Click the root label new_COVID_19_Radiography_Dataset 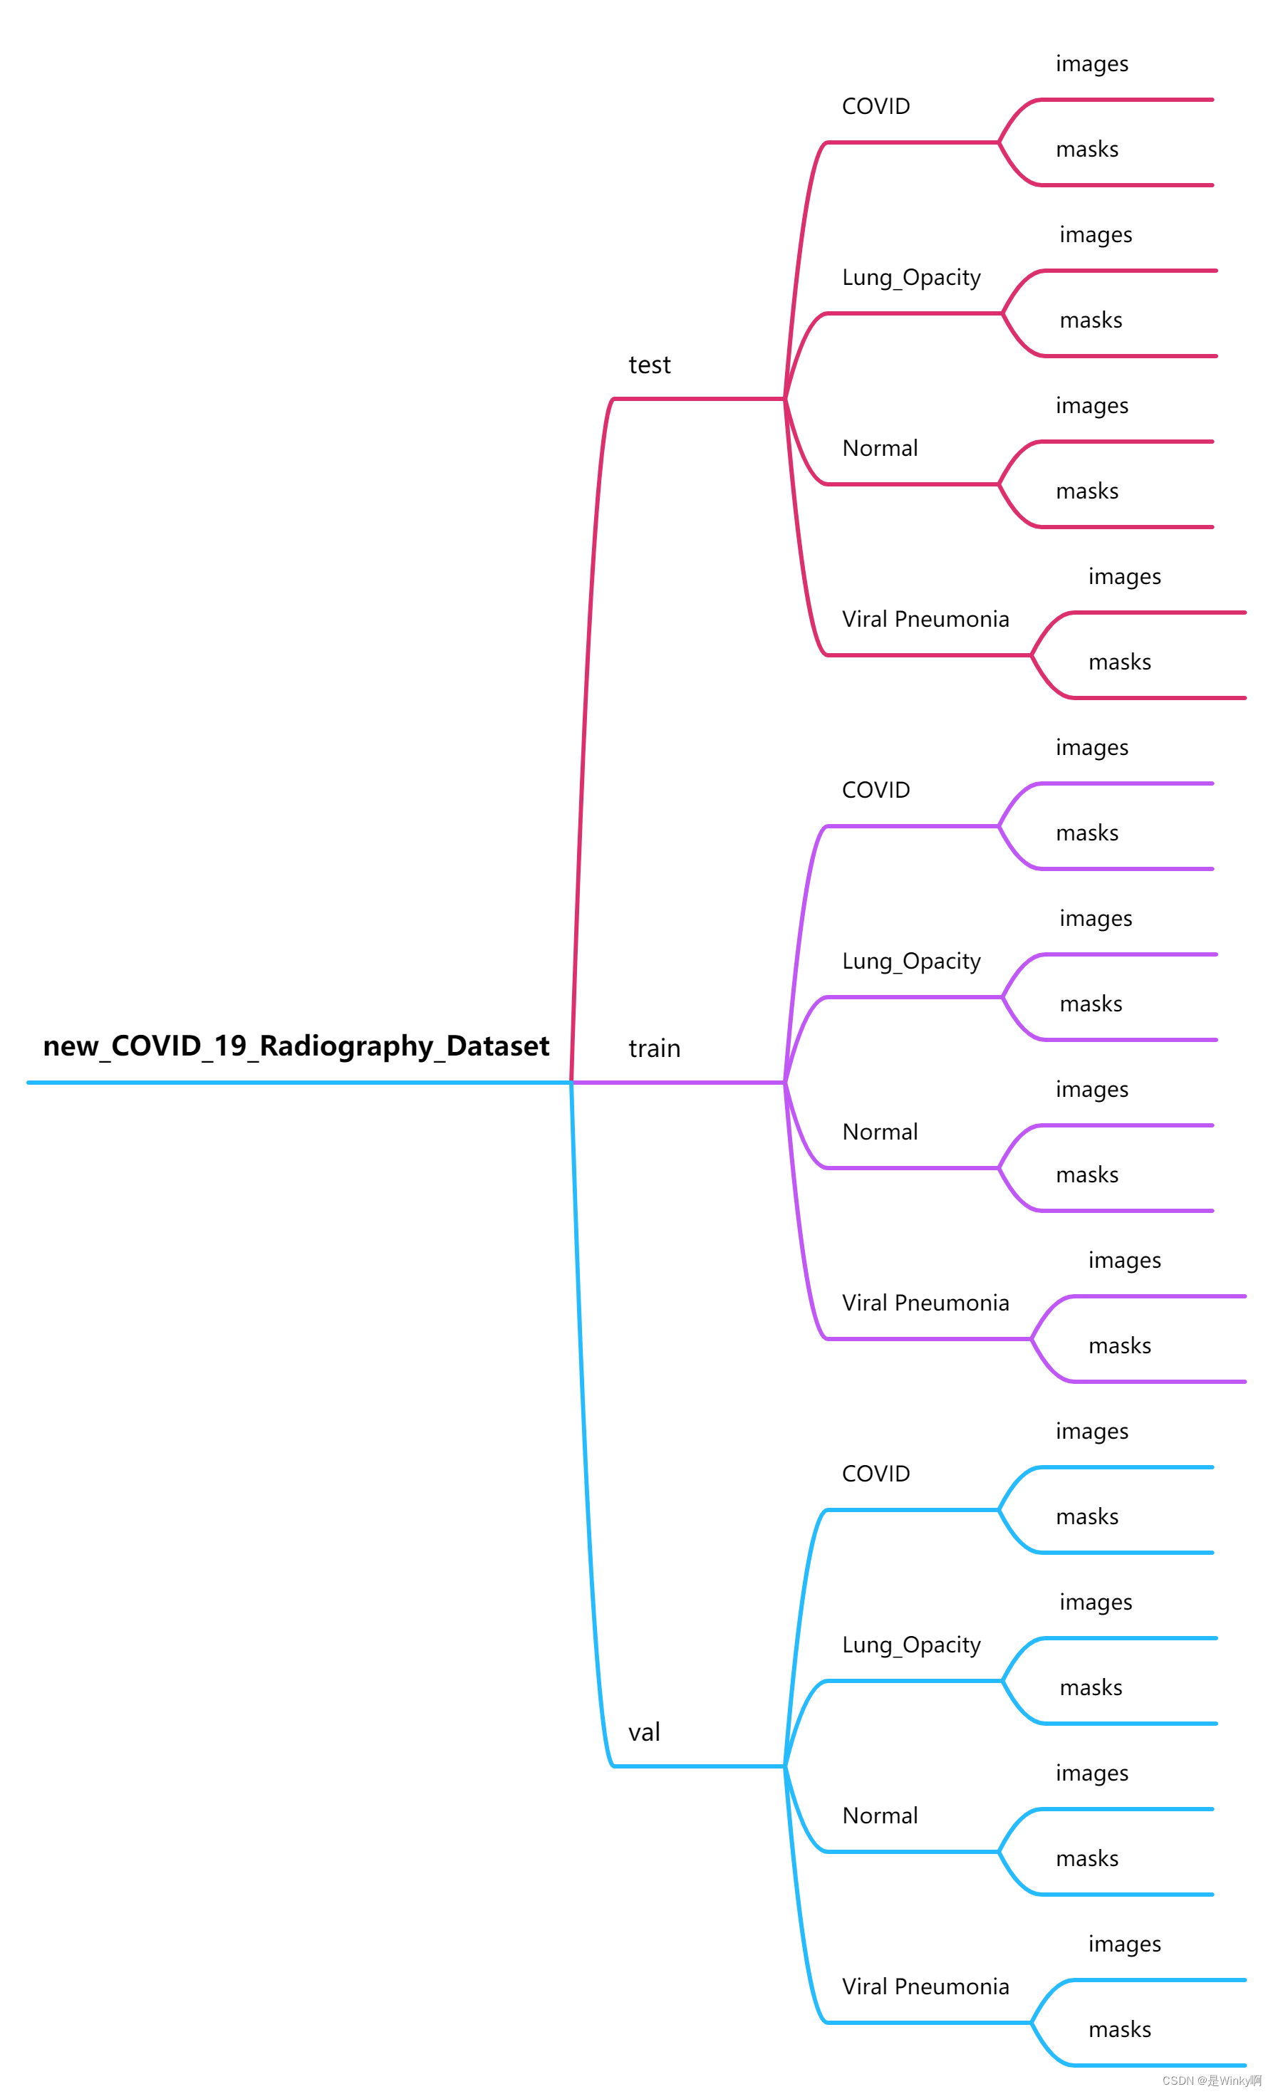296,1046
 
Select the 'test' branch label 649,365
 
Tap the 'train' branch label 655,1048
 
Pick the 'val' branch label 644,1733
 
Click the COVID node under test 875,106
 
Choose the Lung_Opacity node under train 911,961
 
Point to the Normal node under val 880,1816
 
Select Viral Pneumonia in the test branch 925,620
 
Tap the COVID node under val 875,1474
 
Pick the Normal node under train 880,1132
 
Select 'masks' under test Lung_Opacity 1091,321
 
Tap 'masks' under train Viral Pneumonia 1119,1346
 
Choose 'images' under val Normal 1092,1773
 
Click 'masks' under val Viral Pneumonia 1119,2029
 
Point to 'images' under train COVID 1092,748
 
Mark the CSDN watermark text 1211,2080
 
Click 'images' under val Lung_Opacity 1096,1603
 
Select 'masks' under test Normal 1087,491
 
